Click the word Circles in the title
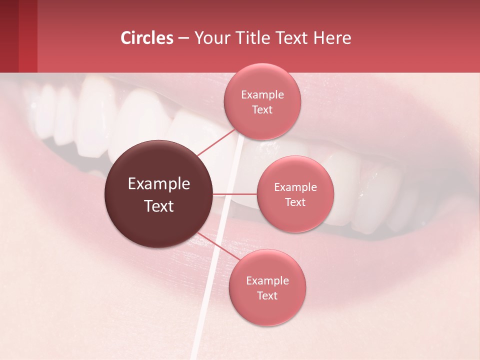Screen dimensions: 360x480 (147, 38)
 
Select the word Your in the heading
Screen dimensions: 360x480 (209, 38)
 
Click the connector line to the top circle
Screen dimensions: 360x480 (216, 143)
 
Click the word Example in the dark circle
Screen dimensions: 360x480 (159, 184)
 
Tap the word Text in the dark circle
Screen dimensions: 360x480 (159, 206)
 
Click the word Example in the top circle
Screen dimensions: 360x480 (262, 94)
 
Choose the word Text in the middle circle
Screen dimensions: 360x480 (295, 202)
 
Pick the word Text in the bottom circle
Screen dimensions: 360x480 (267, 295)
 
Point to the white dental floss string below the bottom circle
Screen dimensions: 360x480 (197, 340)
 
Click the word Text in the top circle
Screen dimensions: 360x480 (262, 109)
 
